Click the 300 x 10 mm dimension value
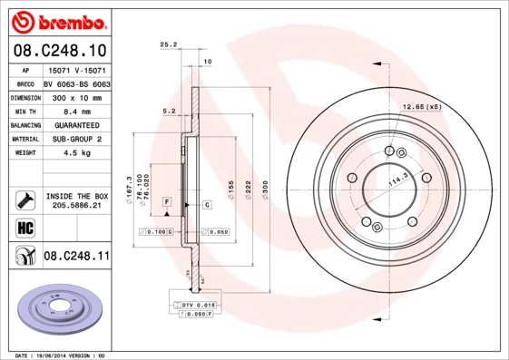point(75,95)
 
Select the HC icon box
point(24,227)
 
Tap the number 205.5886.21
point(76,206)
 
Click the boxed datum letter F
point(167,200)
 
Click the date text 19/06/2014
point(60,355)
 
